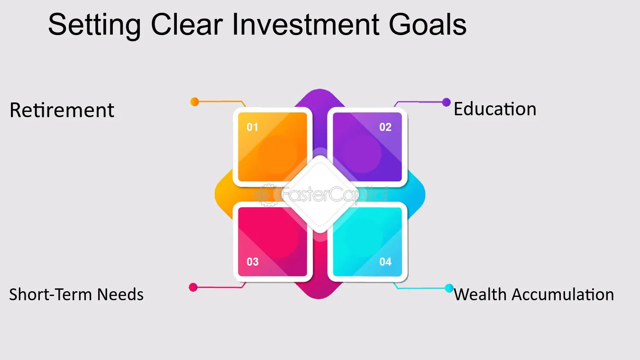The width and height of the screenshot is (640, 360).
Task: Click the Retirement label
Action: click(x=62, y=110)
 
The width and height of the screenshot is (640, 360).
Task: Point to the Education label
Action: click(x=495, y=109)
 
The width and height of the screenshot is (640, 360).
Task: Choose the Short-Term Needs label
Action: click(x=76, y=295)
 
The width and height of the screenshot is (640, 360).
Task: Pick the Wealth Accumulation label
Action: click(x=534, y=295)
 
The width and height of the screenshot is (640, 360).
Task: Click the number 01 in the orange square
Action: click(x=253, y=127)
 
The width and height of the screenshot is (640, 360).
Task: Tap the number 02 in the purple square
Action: click(x=385, y=127)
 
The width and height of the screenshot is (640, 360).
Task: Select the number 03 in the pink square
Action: click(x=253, y=262)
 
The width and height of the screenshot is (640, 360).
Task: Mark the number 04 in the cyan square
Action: click(x=385, y=262)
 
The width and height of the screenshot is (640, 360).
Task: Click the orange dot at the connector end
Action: click(x=194, y=102)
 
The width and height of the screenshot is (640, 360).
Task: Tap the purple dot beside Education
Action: click(x=446, y=102)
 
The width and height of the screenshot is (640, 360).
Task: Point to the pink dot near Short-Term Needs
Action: click(x=193, y=287)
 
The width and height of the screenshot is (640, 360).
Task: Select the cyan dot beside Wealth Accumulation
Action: click(x=449, y=288)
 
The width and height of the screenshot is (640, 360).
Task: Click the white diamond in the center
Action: click(x=320, y=194)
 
